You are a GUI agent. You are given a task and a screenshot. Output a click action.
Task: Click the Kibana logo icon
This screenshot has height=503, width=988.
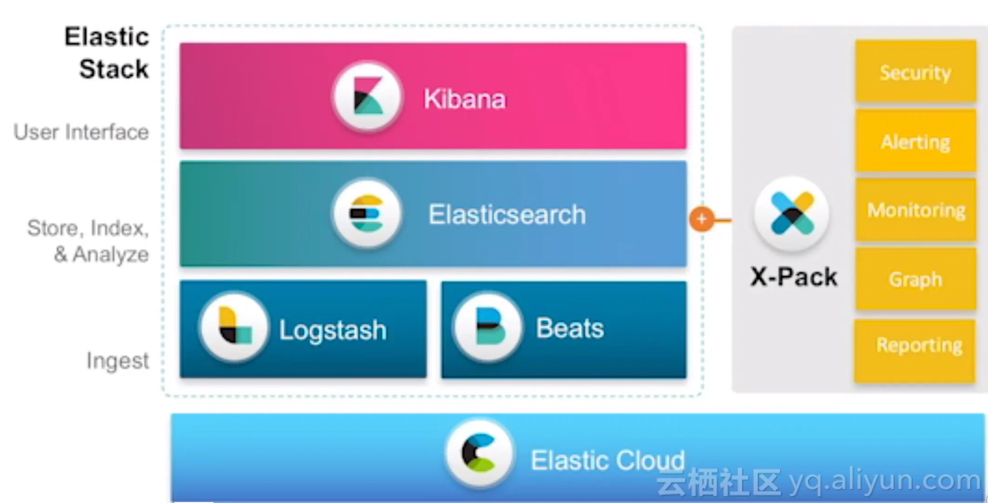[367, 97]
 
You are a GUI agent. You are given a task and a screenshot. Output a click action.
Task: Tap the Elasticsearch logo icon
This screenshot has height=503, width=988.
[367, 214]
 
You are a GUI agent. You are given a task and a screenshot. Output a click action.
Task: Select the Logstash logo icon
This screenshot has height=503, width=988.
[234, 327]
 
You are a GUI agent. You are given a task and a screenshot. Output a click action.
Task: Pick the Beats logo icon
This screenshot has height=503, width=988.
[488, 327]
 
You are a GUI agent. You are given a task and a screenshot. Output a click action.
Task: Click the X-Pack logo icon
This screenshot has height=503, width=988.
[792, 214]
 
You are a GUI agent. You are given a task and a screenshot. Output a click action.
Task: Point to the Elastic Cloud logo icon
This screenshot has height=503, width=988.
[479, 453]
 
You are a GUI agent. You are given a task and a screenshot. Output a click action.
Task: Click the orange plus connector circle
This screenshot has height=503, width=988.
[701, 219]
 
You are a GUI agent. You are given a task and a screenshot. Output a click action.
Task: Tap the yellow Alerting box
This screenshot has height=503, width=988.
[915, 141]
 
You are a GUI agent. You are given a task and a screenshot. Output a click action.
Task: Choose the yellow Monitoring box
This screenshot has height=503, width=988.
[915, 210]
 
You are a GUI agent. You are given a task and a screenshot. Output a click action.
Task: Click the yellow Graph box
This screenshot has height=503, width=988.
[915, 279]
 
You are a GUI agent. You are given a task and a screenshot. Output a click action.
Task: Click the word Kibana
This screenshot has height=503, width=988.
[464, 99]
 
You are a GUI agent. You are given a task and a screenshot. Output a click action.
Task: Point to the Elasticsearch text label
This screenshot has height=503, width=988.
[507, 215]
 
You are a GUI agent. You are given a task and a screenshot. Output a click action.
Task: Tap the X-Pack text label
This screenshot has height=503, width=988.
[794, 277]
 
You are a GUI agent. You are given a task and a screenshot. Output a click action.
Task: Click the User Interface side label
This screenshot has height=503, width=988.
[81, 132]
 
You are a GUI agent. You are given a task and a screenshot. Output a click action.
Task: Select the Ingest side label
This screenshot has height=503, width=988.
[118, 360]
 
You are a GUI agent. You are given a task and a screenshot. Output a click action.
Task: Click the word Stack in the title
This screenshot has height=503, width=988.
[114, 69]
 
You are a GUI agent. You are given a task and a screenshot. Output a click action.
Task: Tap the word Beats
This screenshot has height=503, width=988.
[570, 328]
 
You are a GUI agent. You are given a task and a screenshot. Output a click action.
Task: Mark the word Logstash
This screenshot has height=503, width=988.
[333, 330]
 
